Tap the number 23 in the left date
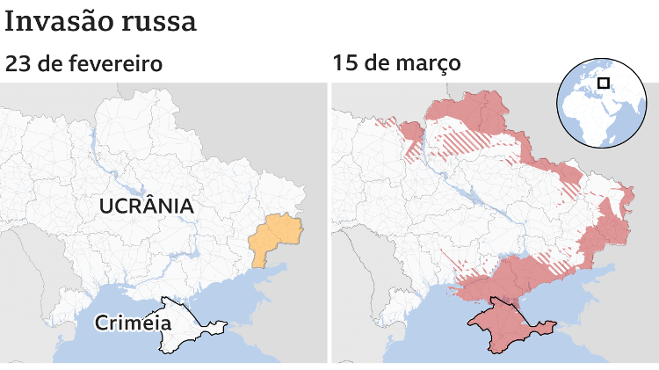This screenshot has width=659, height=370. tap(18, 64)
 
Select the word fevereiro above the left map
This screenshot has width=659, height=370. tap(118, 64)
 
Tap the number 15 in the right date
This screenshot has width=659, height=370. tap(345, 64)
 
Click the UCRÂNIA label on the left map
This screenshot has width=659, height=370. tap(146, 207)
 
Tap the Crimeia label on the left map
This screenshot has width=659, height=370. tap(133, 323)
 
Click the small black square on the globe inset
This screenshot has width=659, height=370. tap(603, 83)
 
